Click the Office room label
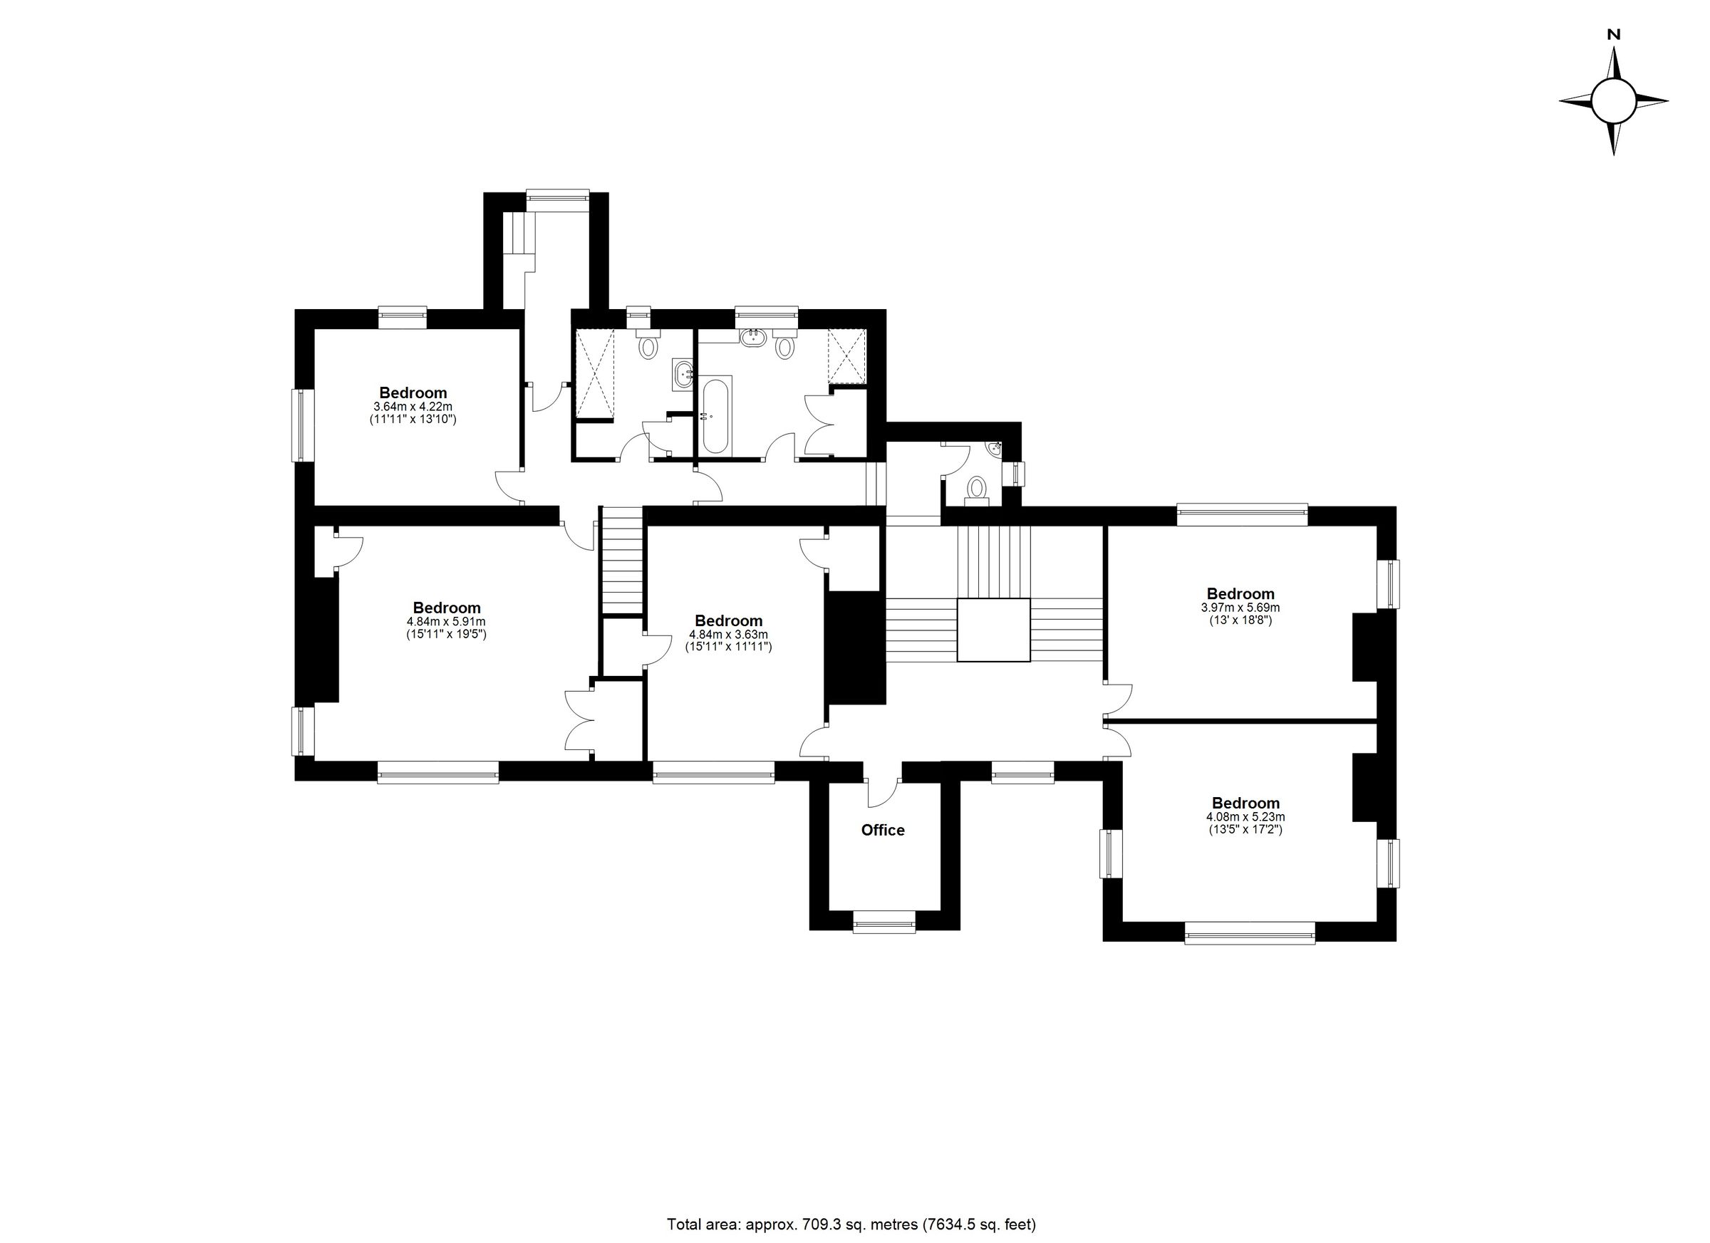883,830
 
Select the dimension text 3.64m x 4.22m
413,407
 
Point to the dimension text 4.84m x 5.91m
445,621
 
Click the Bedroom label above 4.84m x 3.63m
728,620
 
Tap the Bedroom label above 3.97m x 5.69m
1240,593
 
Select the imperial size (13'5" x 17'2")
1245,829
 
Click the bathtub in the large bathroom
715,415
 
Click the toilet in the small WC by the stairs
977,489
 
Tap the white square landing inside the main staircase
993,630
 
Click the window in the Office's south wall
883,921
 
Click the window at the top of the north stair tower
557,195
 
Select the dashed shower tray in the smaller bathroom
595,373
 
